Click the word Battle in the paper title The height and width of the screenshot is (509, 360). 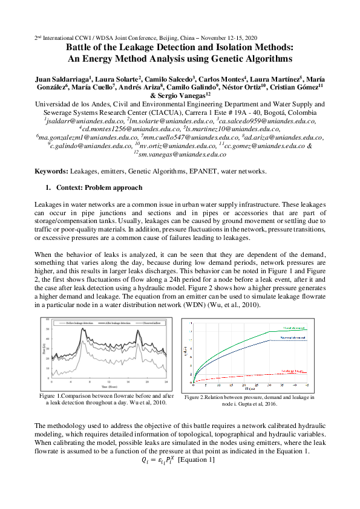click(80, 47)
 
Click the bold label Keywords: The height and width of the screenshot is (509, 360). click(51, 172)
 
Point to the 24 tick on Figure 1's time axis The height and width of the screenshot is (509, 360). click(165, 382)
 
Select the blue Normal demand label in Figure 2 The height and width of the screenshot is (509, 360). click(293, 339)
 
